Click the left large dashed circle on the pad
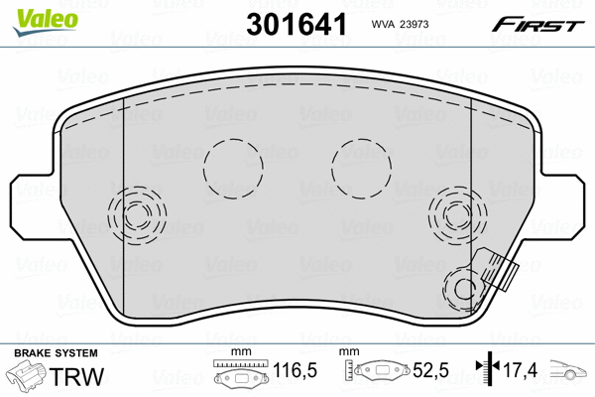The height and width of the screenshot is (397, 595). coord(232,166)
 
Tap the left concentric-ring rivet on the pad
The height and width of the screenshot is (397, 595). coord(134,213)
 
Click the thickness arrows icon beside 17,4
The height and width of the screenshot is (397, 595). coord(486,372)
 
